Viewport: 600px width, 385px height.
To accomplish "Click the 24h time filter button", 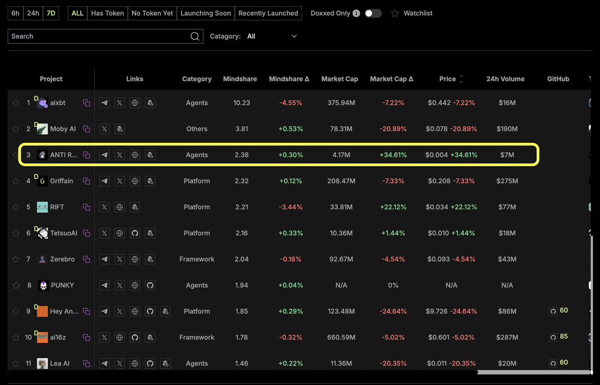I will click(x=33, y=13).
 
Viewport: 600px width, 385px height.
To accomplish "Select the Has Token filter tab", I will click(x=107, y=13).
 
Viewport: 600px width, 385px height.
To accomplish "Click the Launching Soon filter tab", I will click(x=205, y=13).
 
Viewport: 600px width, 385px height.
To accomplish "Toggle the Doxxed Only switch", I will click(x=373, y=13).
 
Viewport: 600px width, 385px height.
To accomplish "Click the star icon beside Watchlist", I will click(x=395, y=13).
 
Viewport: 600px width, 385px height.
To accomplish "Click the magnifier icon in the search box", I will click(x=195, y=36).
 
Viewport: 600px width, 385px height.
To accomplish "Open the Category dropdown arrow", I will click(x=294, y=36).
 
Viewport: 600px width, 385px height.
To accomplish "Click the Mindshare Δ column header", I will click(x=289, y=79).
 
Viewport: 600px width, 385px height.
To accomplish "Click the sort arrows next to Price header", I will click(x=461, y=79).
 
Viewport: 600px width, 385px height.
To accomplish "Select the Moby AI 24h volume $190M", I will click(x=507, y=129).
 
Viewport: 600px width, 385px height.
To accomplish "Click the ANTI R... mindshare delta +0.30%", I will click(x=290, y=155).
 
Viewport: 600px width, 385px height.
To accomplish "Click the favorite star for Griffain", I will click(x=16, y=181).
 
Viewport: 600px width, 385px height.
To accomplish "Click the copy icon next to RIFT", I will click(x=86, y=207).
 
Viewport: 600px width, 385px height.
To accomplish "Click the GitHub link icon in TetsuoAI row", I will click(x=135, y=233).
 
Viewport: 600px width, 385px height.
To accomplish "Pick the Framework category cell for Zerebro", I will click(x=197, y=259).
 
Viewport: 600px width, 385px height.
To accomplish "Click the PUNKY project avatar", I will click(x=42, y=286).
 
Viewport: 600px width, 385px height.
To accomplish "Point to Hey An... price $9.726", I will click(x=438, y=311).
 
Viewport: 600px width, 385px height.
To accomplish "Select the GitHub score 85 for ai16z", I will click(x=564, y=336).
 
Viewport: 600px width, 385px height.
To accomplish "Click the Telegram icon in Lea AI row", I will click(x=104, y=363).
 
